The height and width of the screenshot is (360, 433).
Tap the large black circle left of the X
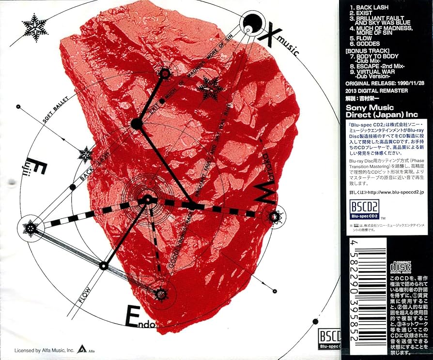[252, 20]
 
